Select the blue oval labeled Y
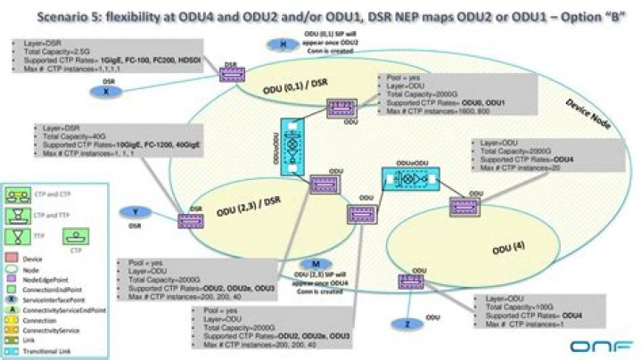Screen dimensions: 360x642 coord(134,212)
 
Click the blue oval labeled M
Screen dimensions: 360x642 coord(316,265)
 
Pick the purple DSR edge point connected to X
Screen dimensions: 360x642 coord(230,74)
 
